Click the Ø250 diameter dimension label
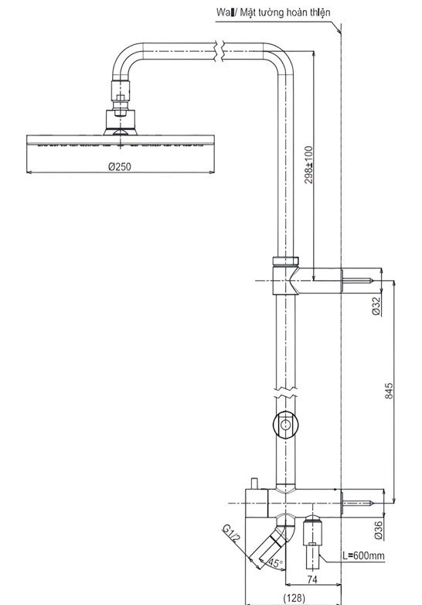(120, 166)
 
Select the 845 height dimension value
(389, 392)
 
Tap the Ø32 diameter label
(376, 306)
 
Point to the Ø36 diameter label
(378, 530)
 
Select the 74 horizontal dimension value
(312, 579)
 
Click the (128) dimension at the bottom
(294, 597)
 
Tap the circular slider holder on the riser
(285, 424)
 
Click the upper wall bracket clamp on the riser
(284, 275)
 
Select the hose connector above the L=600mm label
(313, 534)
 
